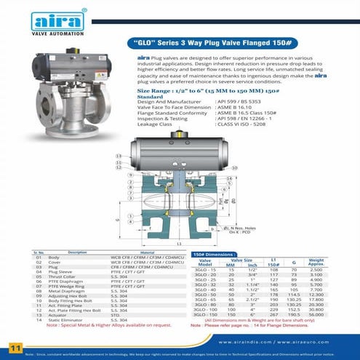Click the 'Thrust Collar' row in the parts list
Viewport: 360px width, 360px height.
[60, 277]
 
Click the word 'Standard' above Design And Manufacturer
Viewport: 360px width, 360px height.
[149, 96]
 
